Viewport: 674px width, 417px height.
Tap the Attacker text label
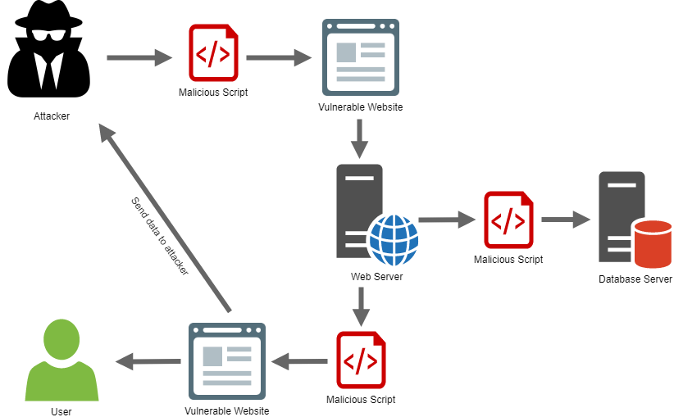[52, 116]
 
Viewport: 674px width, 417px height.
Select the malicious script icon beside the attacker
[213, 52]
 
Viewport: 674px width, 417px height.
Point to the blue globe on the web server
[394, 238]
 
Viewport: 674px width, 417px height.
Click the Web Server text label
[376, 276]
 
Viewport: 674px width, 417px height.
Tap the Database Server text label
[635, 279]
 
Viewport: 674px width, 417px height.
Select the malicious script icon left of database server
[508, 220]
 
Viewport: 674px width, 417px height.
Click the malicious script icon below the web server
[361, 360]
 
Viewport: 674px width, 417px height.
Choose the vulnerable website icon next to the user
[227, 360]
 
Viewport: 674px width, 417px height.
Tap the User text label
[61, 411]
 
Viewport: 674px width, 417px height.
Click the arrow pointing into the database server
[566, 220]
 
